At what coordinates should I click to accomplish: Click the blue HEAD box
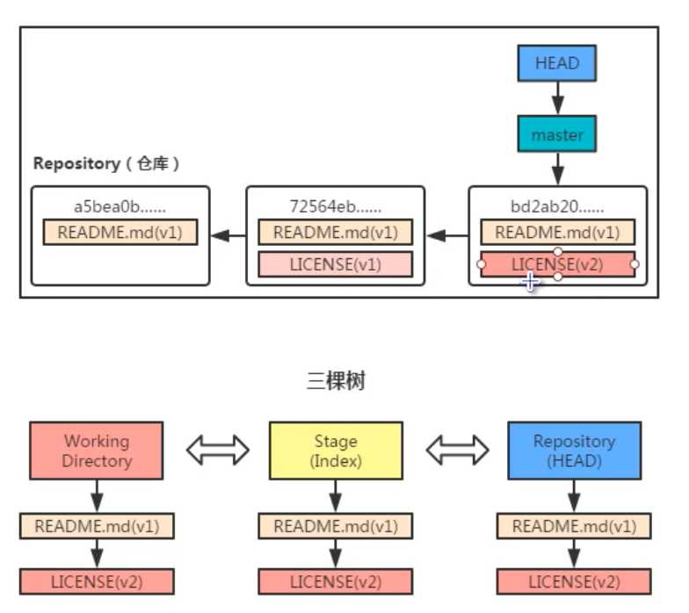(557, 63)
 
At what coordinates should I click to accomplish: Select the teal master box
(557, 135)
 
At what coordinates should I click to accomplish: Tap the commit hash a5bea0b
(120, 208)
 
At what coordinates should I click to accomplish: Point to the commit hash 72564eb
(334, 208)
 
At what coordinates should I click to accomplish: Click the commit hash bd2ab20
(557, 208)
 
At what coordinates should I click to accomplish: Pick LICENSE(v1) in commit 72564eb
(335, 263)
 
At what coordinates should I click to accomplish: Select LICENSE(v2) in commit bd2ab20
(557, 263)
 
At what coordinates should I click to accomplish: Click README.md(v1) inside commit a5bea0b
(120, 233)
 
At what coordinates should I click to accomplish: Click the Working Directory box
(97, 451)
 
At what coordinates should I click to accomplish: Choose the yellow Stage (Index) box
(336, 451)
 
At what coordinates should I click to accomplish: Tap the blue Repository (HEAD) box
(575, 451)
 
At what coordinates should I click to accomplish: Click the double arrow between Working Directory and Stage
(216, 451)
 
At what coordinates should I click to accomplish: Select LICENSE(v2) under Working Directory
(97, 581)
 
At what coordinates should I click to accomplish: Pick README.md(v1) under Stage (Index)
(336, 527)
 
